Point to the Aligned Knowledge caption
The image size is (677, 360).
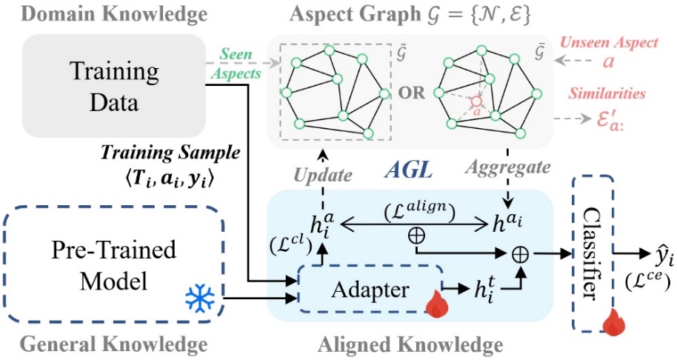pos(410,344)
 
